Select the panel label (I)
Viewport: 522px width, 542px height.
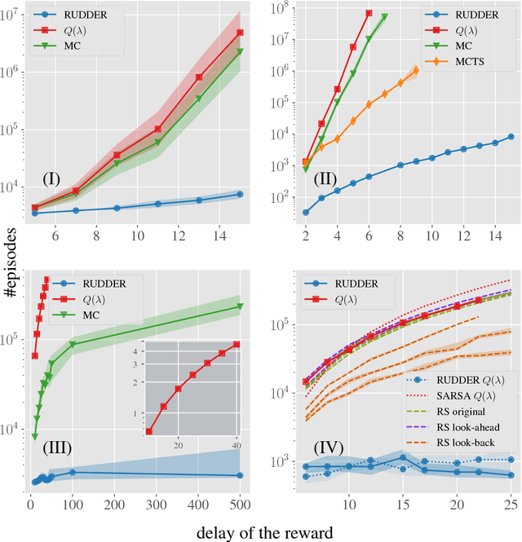pyautogui.click(x=58, y=178)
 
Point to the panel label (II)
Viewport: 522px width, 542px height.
pyautogui.click(x=324, y=178)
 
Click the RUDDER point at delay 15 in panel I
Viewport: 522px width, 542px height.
pyautogui.click(x=240, y=194)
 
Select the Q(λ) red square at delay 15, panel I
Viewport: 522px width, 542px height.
pyautogui.click(x=240, y=33)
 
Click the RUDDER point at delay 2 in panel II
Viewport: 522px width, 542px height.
pyautogui.click(x=306, y=212)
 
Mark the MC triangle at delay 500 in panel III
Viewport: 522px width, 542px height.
pyautogui.click(x=239, y=306)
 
